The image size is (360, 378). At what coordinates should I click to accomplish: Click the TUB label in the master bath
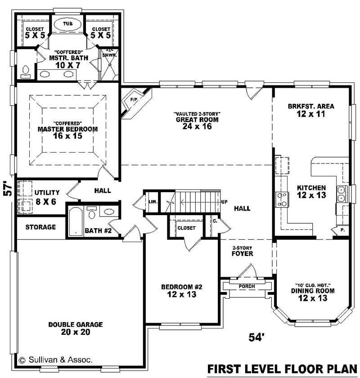pos(67,23)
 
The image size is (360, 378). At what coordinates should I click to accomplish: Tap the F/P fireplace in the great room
pos(134,99)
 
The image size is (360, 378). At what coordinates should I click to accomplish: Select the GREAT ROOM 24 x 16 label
pos(197,120)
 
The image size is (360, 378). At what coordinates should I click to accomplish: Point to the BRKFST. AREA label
pos(311,110)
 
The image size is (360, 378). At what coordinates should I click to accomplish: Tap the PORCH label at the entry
pos(247,286)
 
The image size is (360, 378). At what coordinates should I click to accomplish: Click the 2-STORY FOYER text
pos(243,251)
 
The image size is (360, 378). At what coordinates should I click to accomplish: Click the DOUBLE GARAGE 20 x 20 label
pos(76,328)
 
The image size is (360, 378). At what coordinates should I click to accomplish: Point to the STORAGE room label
pos(40,227)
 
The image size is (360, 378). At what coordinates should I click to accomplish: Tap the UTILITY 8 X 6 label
pos(46,197)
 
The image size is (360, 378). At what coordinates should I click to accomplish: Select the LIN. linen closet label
pos(152,201)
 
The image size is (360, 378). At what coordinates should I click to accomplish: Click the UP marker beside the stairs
pos(224,202)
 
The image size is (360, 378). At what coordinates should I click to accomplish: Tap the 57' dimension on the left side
pos(7,189)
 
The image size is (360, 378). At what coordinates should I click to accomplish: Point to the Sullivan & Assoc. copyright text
pos(56,360)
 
